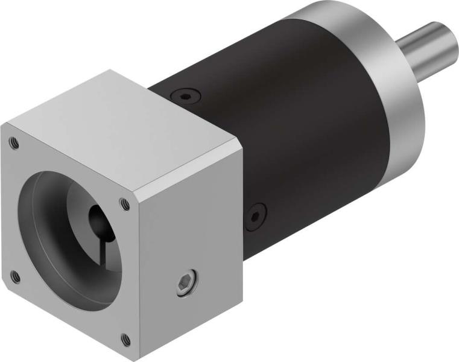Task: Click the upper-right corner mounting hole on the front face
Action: (124, 203)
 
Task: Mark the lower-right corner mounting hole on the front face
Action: (125, 340)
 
